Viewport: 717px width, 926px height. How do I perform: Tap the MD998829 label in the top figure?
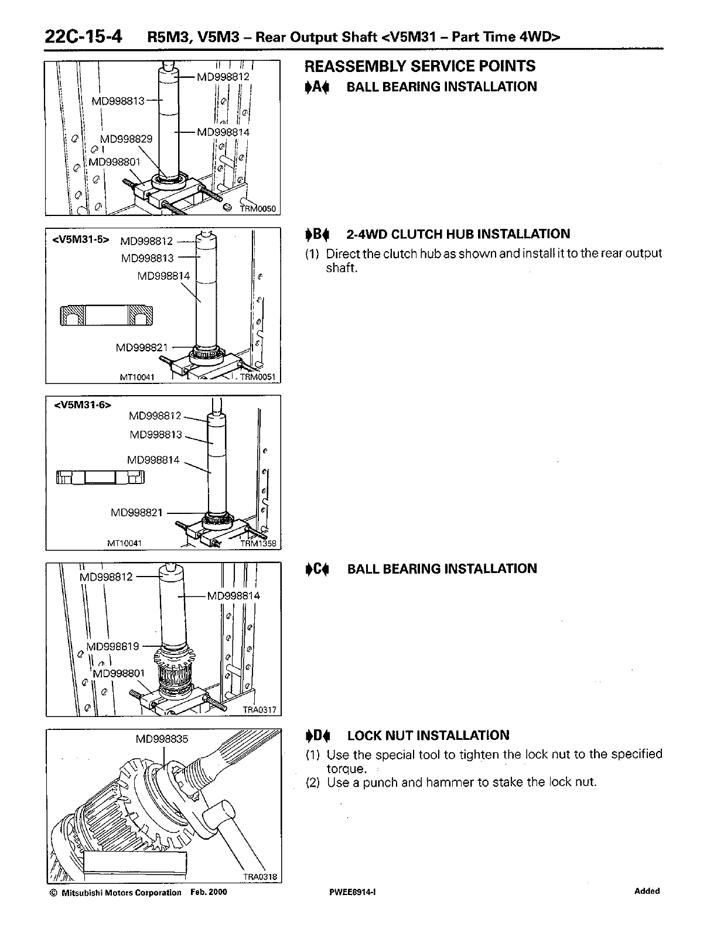126,139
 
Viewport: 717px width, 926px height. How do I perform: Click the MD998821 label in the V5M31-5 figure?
142,348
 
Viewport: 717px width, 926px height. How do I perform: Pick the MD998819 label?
113,646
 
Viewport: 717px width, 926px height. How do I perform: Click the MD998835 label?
162,739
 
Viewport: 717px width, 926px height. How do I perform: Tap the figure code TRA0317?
259,709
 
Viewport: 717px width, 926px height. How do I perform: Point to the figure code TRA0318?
259,877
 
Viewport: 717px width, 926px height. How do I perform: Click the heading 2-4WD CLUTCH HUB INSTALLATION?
458,234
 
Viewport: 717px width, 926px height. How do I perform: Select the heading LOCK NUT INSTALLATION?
428,735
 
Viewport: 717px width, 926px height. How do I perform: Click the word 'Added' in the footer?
647,891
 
